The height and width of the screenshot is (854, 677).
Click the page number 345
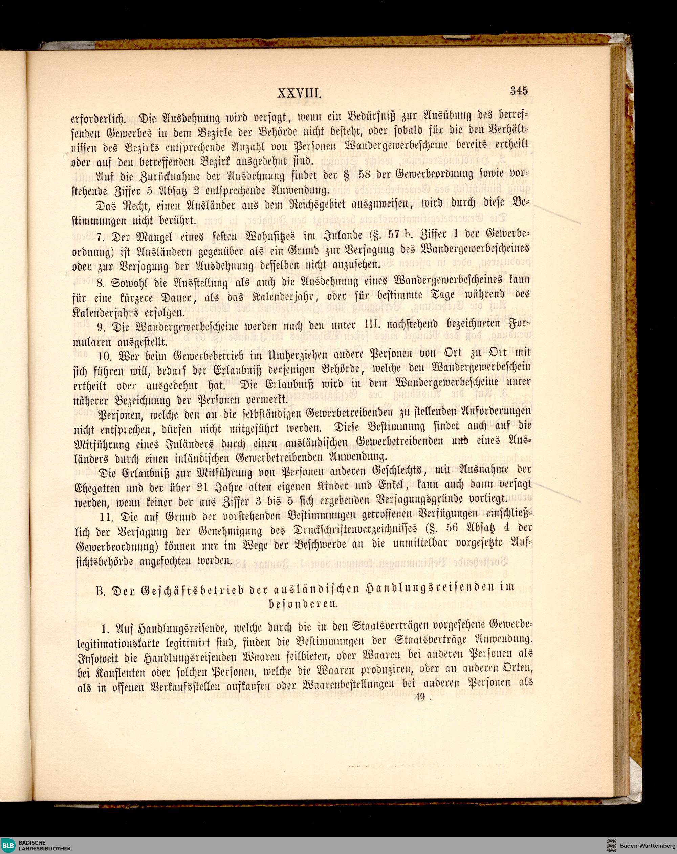click(x=519, y=91)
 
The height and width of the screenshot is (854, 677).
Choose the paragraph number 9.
click(x=101, y=327)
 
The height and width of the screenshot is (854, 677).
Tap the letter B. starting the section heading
click(x=100, y=591)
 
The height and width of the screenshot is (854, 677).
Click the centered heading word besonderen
click(x=303, y=604)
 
